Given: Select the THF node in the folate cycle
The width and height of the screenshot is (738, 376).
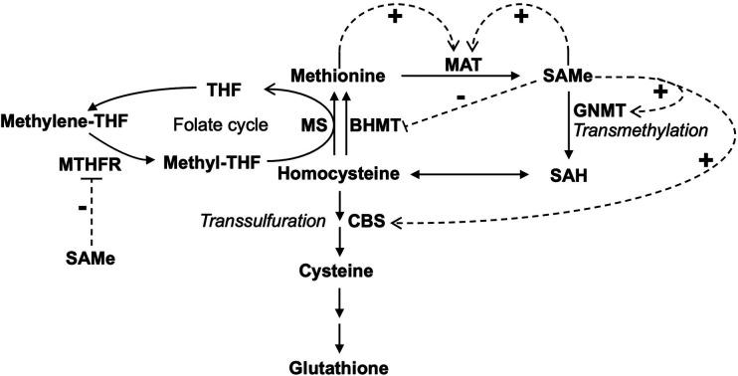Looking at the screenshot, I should (225, 90).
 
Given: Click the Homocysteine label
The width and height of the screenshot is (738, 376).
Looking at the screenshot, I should (342, 174).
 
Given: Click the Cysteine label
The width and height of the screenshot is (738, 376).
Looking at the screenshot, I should (341, 271).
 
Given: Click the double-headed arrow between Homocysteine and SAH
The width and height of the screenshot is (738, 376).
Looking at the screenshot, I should (466, 175).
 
